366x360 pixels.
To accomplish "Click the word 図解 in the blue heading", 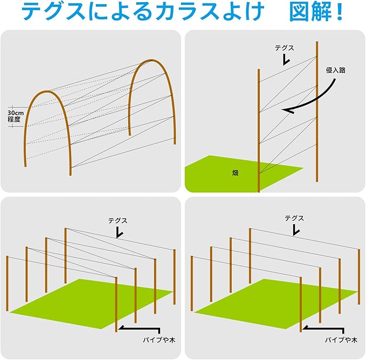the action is tap(310, 12).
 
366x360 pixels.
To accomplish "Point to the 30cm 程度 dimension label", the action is tap(16, 116).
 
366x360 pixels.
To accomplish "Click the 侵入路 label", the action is tap(335, 70).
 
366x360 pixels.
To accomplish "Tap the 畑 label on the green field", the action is tap(235, 173).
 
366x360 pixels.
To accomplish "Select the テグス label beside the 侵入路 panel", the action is tap(284, 48).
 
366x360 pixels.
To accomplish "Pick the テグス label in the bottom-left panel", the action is tap(118, 220).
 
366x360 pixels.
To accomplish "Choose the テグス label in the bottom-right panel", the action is tap(294, 218).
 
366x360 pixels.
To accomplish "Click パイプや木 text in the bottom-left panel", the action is tap(159, 340).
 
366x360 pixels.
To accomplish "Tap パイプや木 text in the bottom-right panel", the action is tap(341, 340).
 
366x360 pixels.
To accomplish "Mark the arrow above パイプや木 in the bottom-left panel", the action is tap(140, 329).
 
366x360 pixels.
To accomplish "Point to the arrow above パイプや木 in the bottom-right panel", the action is tap(323, 329).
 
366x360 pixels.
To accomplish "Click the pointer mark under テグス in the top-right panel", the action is tap(286, 60).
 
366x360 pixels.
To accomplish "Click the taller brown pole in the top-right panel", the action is tap(317, 112).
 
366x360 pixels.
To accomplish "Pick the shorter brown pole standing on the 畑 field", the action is tap(259, 130).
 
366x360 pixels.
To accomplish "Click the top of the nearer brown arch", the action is tap(47, 92).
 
